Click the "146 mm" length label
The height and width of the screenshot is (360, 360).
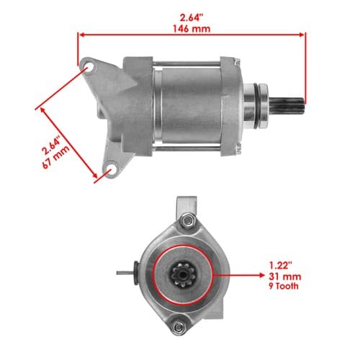192,29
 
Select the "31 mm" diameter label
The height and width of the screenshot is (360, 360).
285,276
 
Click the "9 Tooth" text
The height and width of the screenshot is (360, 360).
284,286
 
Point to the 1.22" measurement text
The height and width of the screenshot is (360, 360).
280,266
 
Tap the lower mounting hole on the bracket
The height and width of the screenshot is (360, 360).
111,169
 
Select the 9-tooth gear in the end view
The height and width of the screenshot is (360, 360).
184,275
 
